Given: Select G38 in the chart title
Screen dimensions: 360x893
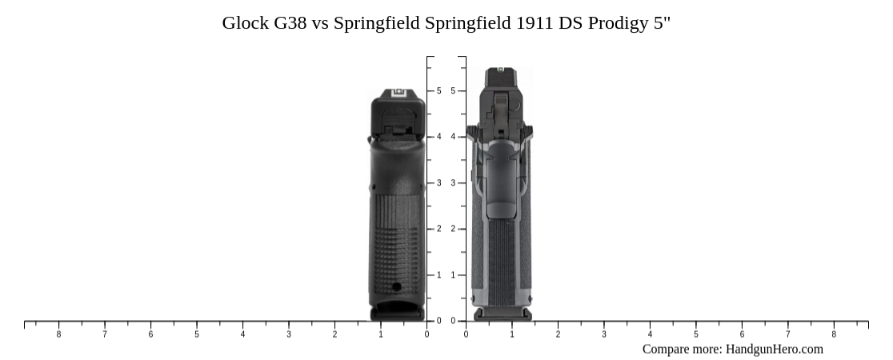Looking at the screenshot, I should (x=290, y=22).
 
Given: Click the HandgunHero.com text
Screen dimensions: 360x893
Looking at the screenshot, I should (x=774, y=349).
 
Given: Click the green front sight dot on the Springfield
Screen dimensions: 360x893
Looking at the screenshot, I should (x=501, y=70).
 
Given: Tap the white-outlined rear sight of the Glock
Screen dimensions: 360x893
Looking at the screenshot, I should (x=398, y=94).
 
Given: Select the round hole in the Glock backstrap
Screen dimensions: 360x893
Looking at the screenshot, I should (x=397, y=286).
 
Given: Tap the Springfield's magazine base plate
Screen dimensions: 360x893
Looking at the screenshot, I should (x=502, y=314).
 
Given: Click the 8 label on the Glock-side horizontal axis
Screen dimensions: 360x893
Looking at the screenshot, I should (x=58, y=334).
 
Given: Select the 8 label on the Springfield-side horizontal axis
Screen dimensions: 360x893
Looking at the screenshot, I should (x=834, y=334).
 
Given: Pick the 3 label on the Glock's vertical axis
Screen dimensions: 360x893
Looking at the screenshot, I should (x=438, y=183).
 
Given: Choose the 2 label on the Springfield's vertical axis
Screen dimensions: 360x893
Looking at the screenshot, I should (x=453, y=229).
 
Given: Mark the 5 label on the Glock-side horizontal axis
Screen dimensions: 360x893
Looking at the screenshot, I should (x=197, y=334).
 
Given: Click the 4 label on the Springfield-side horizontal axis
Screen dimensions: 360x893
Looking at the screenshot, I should (x=650, y=334).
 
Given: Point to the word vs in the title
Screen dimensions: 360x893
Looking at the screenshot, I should (x=320, y=22).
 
